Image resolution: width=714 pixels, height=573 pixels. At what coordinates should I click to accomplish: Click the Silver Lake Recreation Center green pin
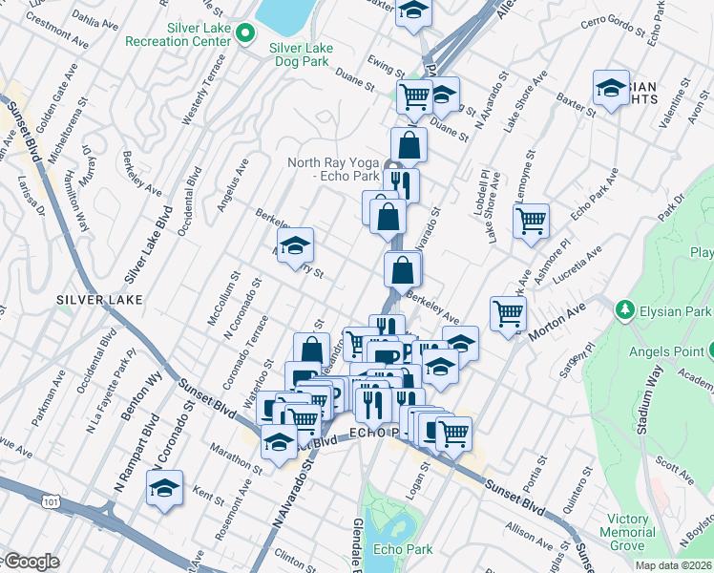coord(246,34)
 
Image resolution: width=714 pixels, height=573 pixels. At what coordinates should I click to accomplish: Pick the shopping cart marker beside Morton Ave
coord(509,312)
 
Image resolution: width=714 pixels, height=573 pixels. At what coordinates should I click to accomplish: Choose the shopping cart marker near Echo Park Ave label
coord(531,221)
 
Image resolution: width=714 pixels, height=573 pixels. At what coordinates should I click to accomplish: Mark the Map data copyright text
coord(673,565)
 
